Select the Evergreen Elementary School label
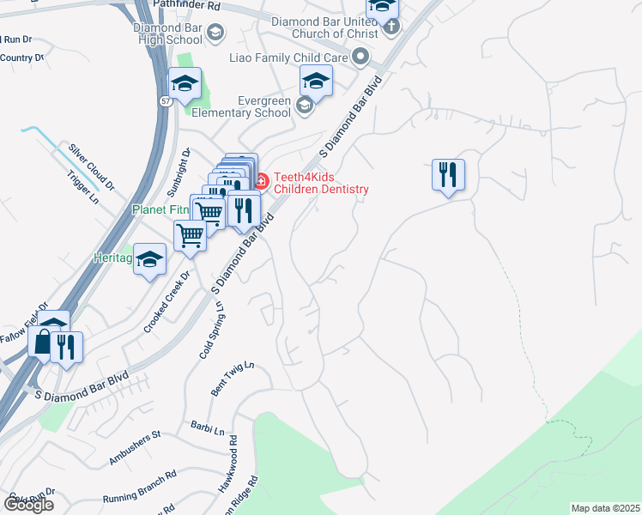pyautogui.click(x=240, y=106)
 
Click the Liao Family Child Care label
pyautogui.click(x=288, y=58)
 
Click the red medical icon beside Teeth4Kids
pyautogui.click(x=261, y=180)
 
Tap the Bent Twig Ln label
pyautogui.click(x=233, y=379)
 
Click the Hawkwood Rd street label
pyautogui.click(x=227, y=469)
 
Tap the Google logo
pyautogui.click(x=28, y=505)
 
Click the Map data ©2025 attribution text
pyautogui.click(x=605, y=508)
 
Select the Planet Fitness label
pyautogui.click(x=158, y=209)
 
